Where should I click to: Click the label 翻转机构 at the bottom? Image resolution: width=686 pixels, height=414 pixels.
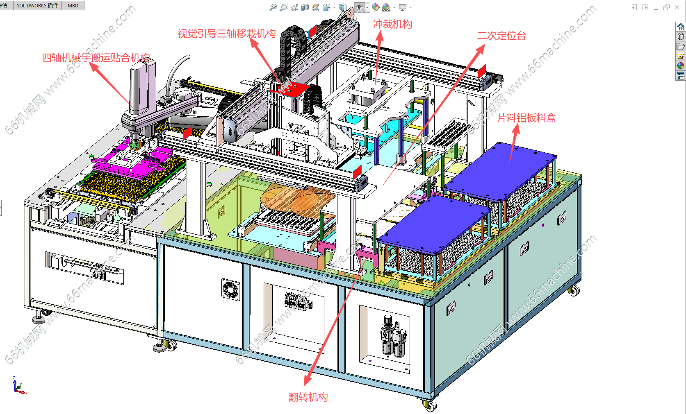[x=308, y=397]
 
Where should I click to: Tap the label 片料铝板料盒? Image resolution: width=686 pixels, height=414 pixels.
[x=526, y=118]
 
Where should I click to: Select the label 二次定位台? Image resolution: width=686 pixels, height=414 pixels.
[x=501, y=36]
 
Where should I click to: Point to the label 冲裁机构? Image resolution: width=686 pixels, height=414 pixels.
[x=392, y=25]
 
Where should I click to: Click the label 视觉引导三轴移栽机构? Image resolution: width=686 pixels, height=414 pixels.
[x=226, y=34]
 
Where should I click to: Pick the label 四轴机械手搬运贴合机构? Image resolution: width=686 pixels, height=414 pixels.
[x=96, y=58]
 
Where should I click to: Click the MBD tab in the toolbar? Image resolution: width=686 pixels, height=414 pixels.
[x=73, y=5]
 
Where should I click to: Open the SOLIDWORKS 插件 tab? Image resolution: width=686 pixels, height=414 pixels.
[x=37, y=5]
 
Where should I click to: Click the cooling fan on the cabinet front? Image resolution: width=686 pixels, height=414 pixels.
[x=231, y=290]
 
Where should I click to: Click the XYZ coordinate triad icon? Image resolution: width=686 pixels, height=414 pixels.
[x=19, y=386]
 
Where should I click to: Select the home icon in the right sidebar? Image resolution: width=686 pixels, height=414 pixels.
[x=680, y=27]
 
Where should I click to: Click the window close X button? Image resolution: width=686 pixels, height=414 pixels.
[x=677, y=7]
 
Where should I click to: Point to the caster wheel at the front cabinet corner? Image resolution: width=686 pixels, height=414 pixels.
[x=430, y=405]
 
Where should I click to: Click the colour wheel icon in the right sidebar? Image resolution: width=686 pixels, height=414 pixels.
[x=680, y=66]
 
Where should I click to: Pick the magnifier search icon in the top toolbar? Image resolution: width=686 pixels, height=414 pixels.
[x=273, y=7]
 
